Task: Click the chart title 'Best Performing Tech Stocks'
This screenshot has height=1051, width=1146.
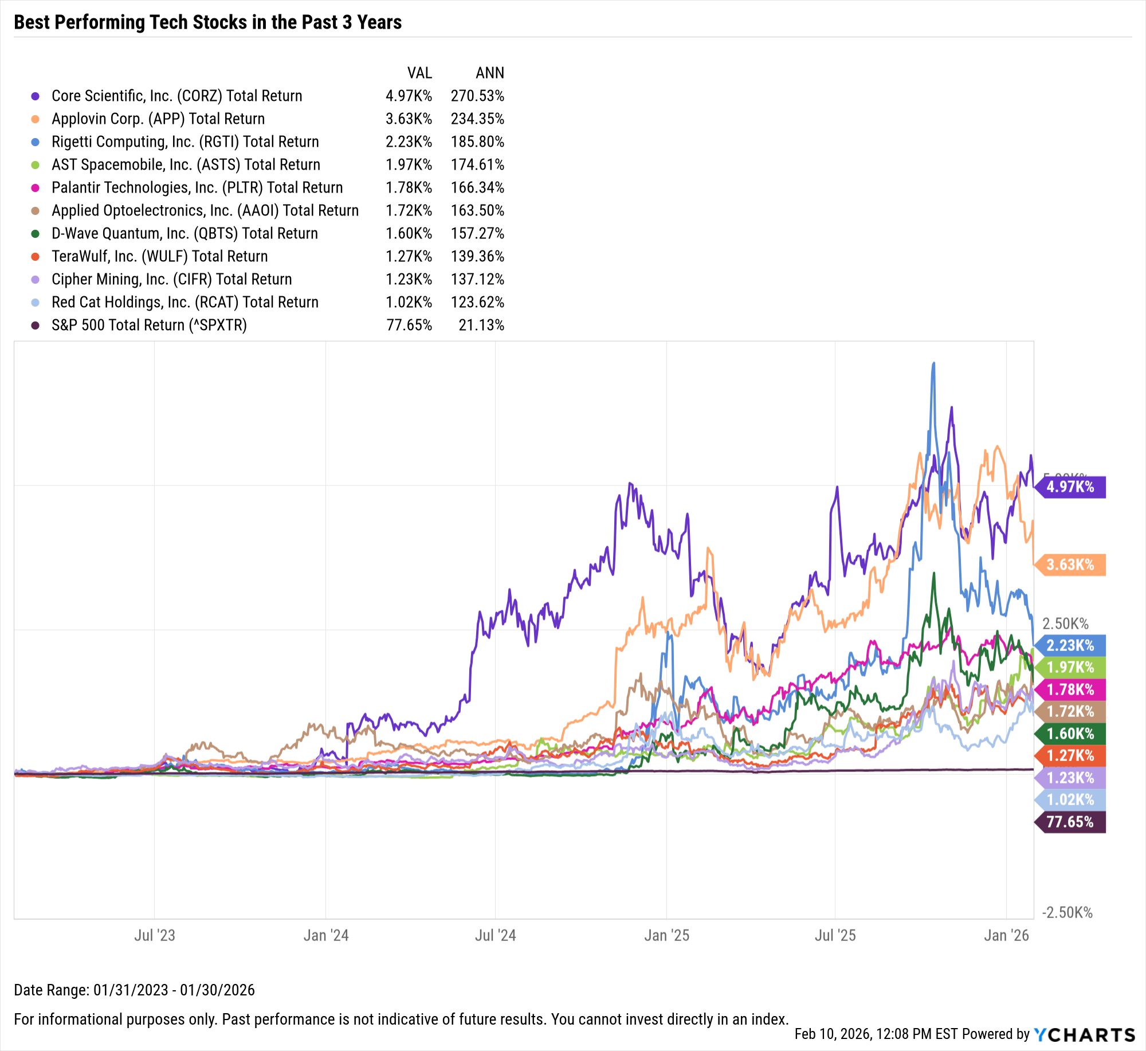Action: pos(207,22)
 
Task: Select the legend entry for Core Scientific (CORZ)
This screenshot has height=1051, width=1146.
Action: pos(176,96)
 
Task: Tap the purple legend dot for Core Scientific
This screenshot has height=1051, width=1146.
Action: pos(36,96)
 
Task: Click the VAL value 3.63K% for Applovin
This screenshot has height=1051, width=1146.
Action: pos(409,119)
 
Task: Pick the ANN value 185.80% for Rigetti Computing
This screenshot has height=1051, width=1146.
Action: pos(477,142)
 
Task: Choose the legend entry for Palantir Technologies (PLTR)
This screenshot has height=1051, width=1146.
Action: pos(197,187)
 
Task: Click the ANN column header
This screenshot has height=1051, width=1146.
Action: pos(489,73)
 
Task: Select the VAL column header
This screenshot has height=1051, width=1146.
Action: pos(419,73)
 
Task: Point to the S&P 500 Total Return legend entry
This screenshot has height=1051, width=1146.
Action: pos(149,325)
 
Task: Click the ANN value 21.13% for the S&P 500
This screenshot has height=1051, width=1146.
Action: pos(481,325)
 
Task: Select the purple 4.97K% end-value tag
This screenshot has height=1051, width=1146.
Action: pos(1070,487)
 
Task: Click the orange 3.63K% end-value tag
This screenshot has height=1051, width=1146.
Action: pos(1070,564)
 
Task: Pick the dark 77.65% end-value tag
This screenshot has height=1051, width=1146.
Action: pos(1070,822)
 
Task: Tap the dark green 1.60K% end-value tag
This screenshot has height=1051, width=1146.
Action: pos(1070,734)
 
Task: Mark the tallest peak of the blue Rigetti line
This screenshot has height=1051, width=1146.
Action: pos(933,363)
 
